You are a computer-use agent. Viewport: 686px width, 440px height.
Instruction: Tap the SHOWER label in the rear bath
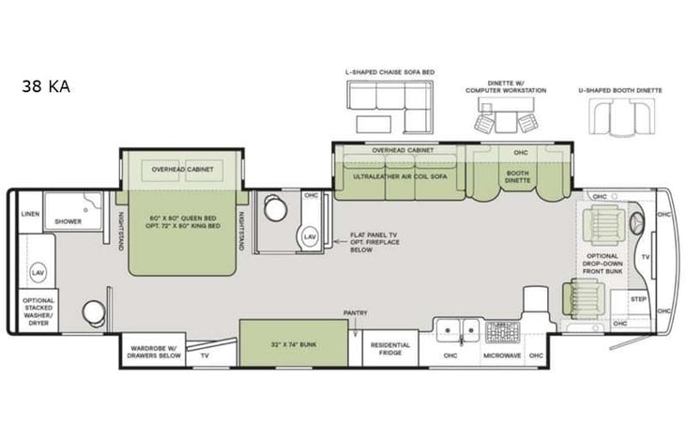tap(67, 221)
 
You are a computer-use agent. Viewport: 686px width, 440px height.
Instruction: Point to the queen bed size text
tap(184, 222)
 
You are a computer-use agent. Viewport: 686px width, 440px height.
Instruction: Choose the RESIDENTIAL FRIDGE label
tap(390, 348)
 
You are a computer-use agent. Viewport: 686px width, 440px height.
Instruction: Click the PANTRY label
tap(355, 313)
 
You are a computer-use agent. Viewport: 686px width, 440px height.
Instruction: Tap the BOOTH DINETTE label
tap(517, 175)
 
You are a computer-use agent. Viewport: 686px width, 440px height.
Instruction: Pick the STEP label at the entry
tap(639, 299)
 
